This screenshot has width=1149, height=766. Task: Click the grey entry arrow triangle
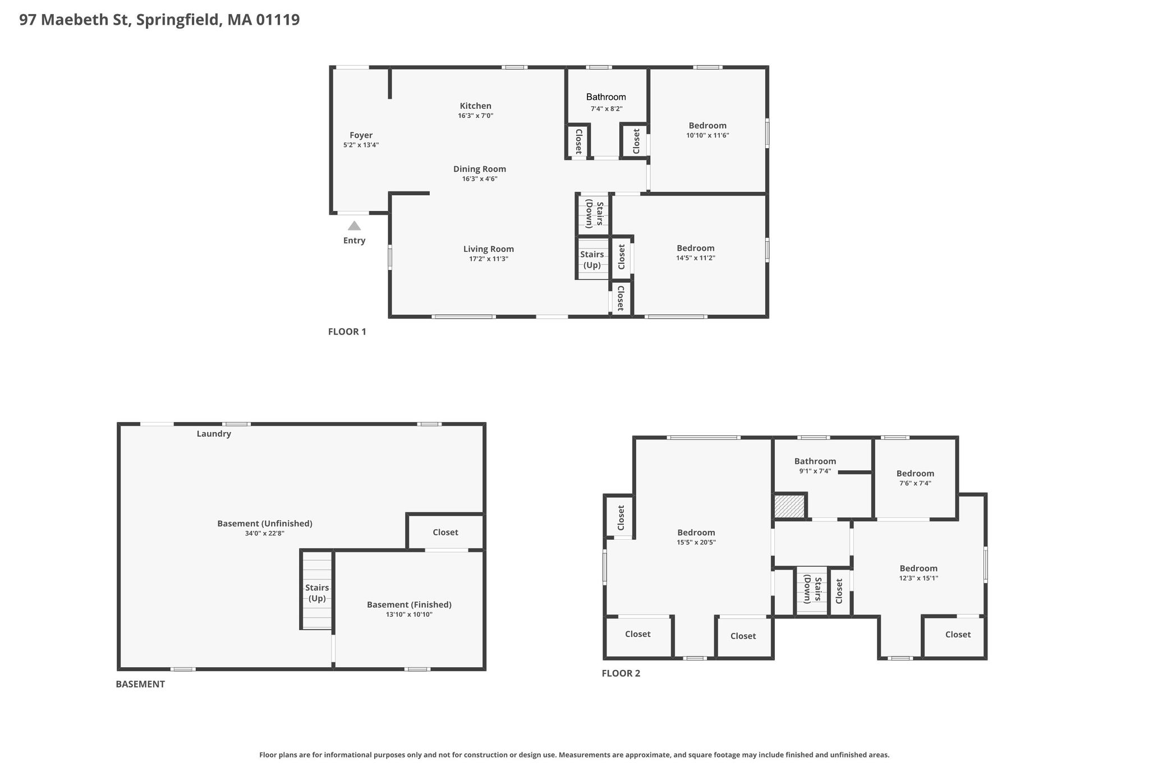click(354, 226)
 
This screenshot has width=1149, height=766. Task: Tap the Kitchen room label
click(476, 106)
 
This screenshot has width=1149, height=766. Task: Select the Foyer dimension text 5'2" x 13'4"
click(361, 145)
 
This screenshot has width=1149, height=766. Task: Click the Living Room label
click(489, 249)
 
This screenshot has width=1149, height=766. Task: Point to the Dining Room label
click(480, 169)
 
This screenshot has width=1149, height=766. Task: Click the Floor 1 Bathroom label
click(606, 97)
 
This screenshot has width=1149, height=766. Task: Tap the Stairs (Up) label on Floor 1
click(592, 260)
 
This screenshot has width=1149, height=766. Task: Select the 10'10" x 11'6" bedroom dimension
click(707, 135)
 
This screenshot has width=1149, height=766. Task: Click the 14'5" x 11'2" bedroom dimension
click(696, 258)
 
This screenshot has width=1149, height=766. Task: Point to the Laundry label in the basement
click(214, 434)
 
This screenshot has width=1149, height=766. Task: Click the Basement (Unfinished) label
click(265, 524)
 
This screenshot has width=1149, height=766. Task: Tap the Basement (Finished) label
click(409, 604)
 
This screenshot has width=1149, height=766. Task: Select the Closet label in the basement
click(445, 532)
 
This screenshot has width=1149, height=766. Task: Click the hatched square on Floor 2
click(789, 506)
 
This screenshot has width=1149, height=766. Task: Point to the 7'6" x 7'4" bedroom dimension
click(915, 483)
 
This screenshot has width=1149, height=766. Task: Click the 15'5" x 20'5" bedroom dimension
click(696, 542)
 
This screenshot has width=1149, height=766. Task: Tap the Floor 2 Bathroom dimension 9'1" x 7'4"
click(815, 471)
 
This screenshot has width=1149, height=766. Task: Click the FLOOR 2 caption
click(621, 673)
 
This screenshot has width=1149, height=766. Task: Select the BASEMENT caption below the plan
click(140, 684)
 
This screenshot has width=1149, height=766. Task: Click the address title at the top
click(159, 20)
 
